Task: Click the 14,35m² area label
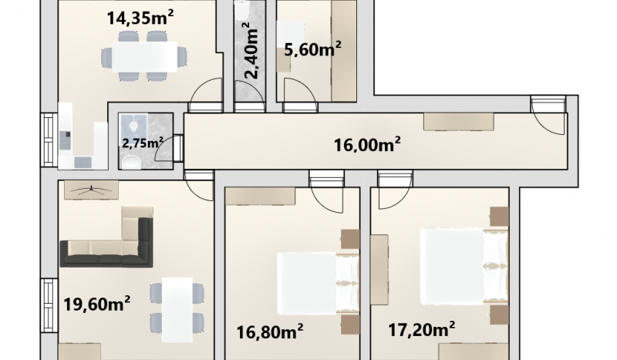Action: pos(140,18)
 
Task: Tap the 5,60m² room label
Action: pos(312,49)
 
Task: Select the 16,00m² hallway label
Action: pos(367,144)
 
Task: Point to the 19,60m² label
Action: pos(97,304)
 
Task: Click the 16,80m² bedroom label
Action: pos(269,331)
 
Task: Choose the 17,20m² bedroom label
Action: pos(422,329)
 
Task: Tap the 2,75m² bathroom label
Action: pos(143,143)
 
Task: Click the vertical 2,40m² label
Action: pos(252,50)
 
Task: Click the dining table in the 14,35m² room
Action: pos(144,56)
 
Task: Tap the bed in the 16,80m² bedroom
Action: pos(319,283)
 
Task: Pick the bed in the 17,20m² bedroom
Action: pos(464,267)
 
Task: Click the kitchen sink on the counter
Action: pos(83,162)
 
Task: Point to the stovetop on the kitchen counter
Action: pos(65,140)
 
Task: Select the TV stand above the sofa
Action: pos(91,190)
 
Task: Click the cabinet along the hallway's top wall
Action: pos(458,122)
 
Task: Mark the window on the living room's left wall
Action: pos(49,306)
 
